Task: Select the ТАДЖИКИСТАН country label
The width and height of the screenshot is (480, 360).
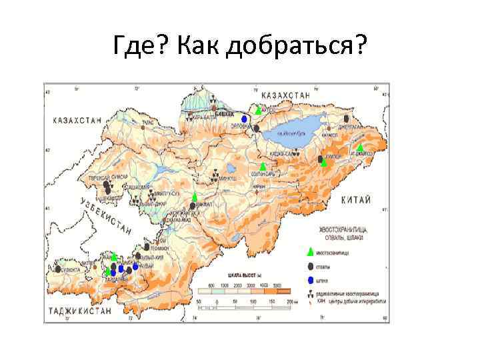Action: click(x=83, y=311)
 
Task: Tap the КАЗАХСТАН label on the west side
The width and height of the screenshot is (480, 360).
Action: click(x=77, y=121)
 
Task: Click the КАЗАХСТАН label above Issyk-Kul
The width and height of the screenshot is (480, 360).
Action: click(x=286, y=96)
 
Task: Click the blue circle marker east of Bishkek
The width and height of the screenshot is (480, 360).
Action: click(x=245, y=119)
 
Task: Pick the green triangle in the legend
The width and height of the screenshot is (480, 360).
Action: click(x=309, y=252)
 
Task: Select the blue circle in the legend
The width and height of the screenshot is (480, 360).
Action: click(x=309, y=280)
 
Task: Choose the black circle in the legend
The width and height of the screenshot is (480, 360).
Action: click(x=309, y=267)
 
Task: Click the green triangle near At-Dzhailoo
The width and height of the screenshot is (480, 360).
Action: click(x=359, y=147)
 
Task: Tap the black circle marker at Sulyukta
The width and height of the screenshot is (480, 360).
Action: click(x=59, y=268)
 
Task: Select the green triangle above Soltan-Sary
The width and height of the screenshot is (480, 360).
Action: click(x=263, y=165)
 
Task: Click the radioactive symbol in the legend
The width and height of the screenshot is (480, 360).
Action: click(x=309, y=293)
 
